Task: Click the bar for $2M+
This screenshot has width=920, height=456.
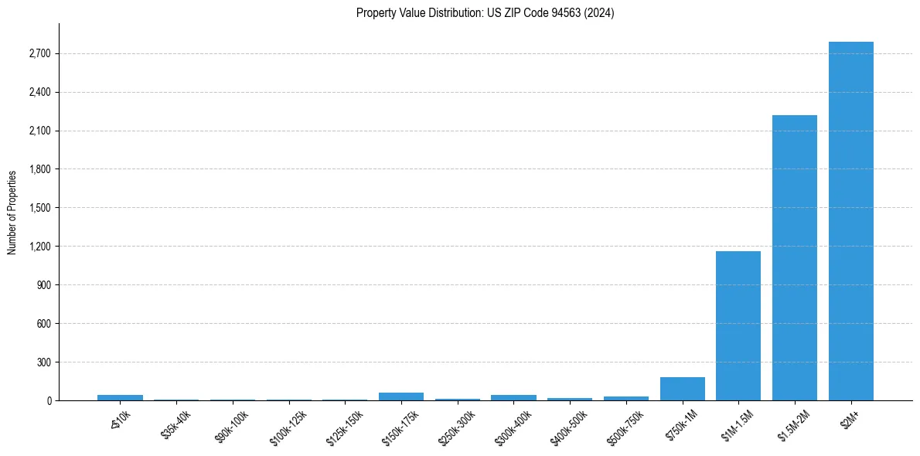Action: [x=850, y=221]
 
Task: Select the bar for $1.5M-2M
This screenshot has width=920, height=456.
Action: [x=794, y=257]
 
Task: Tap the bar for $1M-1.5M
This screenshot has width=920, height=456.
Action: [x=738, y=325]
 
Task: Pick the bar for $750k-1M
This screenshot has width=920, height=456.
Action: [x=682, y=389]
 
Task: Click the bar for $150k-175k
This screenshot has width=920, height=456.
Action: [x=401, y=396]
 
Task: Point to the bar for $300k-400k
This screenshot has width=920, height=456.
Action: [x=513, y=397]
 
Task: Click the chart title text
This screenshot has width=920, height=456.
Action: [x=485, y=13]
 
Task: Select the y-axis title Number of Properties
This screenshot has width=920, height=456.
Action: [x=12, y=212]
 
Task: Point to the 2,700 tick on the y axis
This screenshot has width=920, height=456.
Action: [x=38, y=53]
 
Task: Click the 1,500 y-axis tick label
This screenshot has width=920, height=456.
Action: [x=38, y=208]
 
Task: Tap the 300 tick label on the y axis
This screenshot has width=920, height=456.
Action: [x=43, y=362]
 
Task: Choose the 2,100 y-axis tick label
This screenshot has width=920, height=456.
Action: [x=38, y=131]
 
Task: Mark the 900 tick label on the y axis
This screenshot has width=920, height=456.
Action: [x=43, y=284]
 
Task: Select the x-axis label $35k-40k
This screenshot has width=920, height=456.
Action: [x=175, y=425]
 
